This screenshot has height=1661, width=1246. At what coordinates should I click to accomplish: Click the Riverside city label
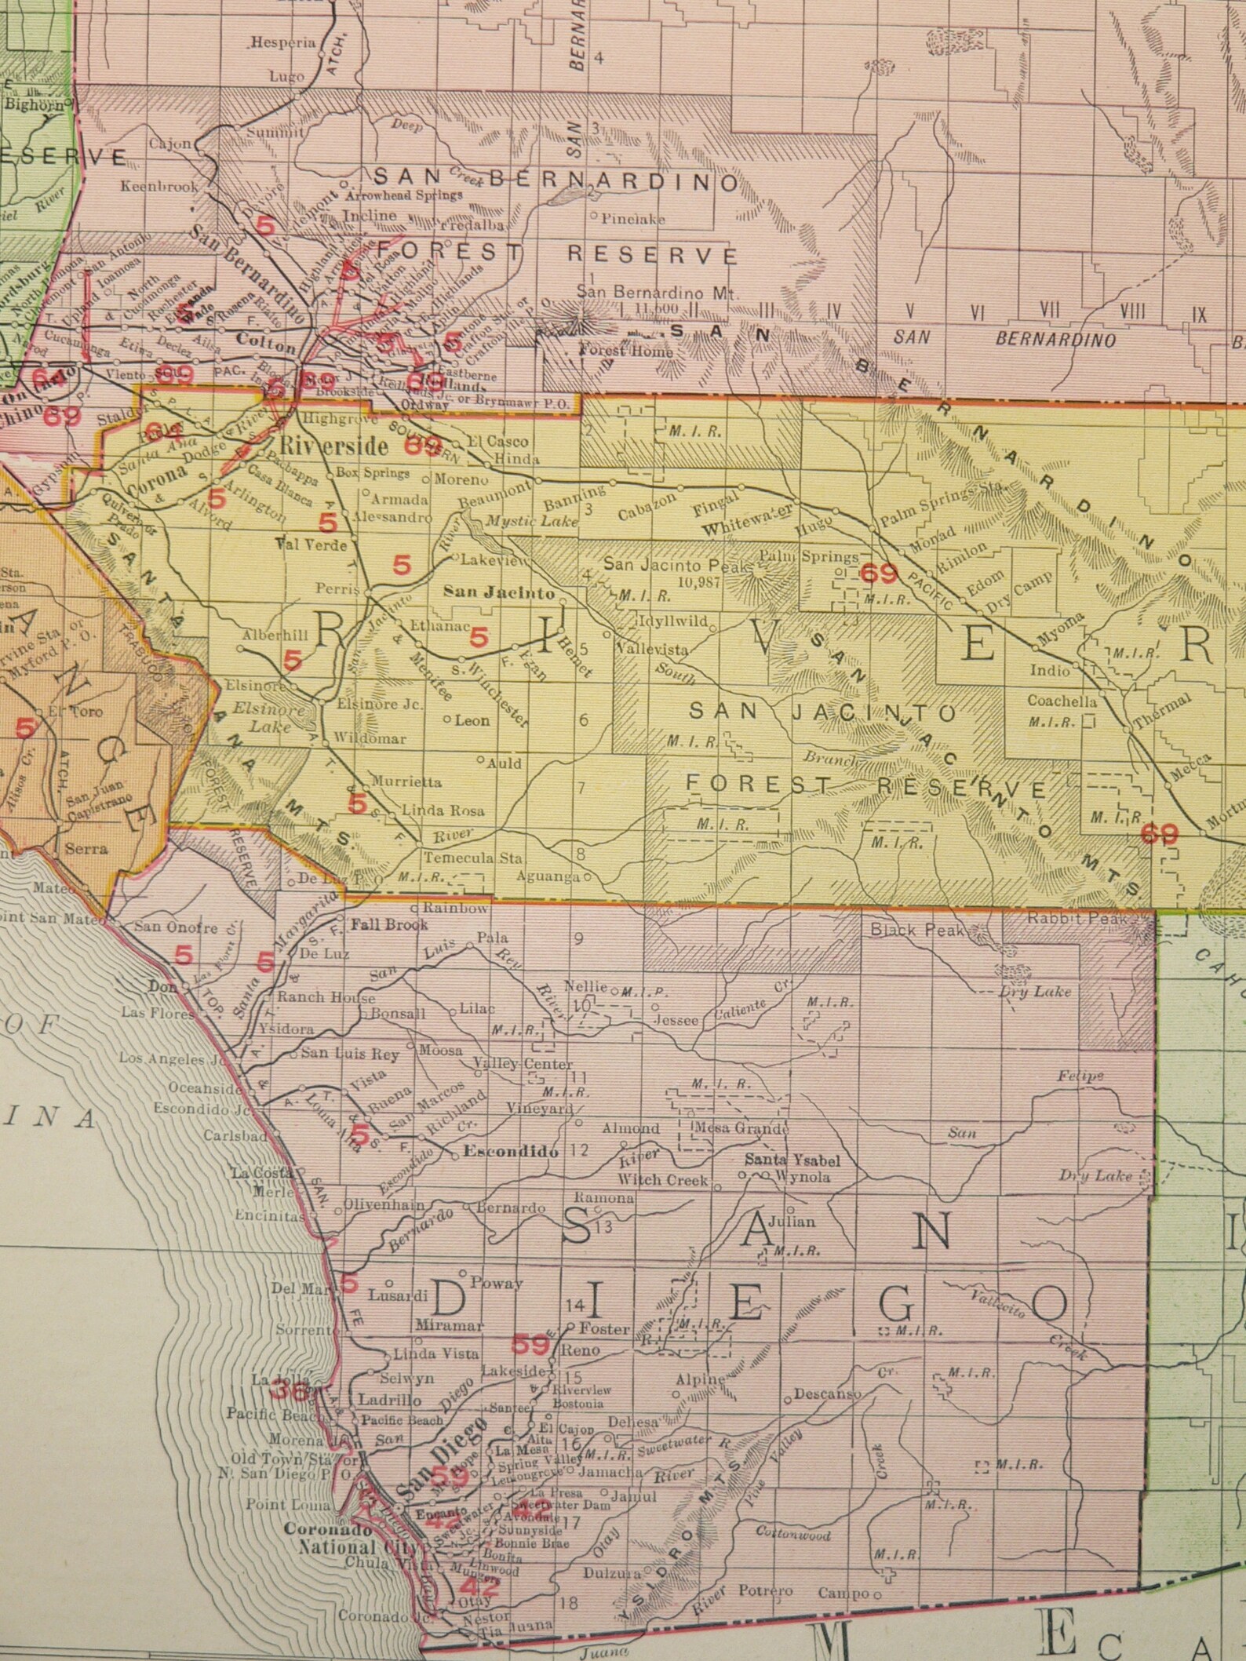tap(334, 447)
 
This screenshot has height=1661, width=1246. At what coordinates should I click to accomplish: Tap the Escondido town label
tap(512, 1153)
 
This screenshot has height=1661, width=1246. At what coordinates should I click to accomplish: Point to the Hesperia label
tap(283, 44)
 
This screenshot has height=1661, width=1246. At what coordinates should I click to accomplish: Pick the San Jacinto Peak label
tap(651, 563)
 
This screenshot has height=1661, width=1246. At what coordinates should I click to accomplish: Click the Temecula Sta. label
tap(472, 858)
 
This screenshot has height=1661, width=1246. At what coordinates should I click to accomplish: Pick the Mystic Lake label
tap(531, 521)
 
